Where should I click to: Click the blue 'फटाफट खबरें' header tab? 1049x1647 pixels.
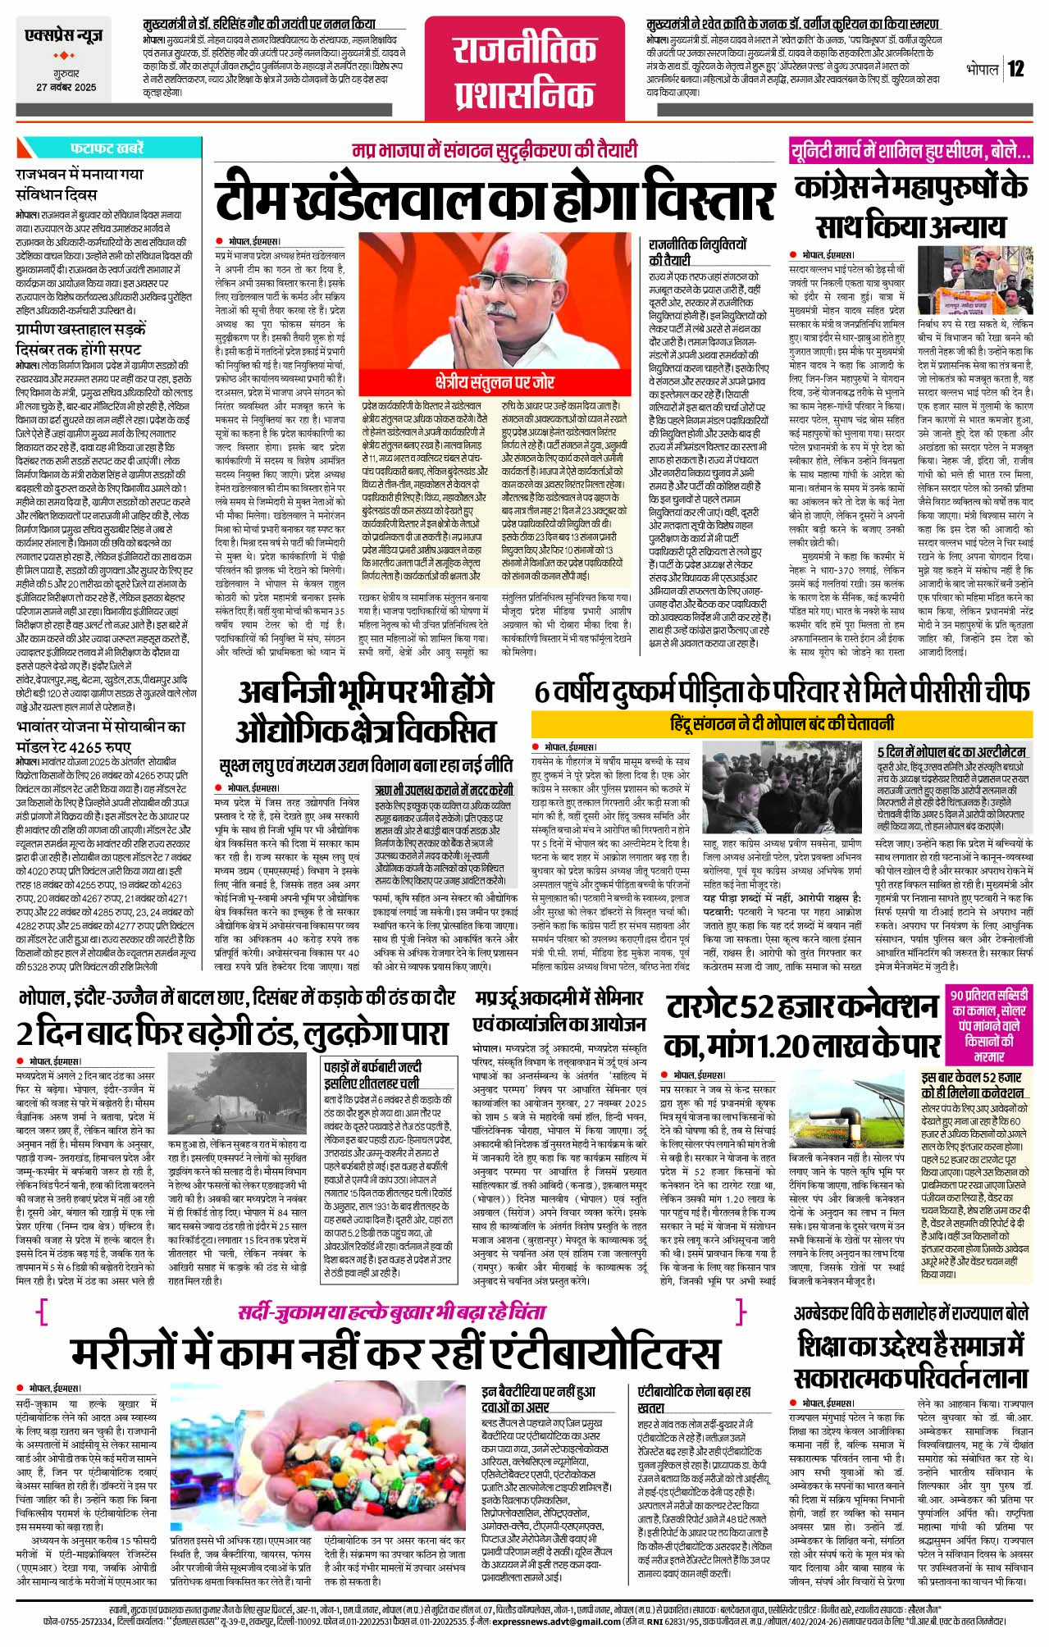point(107,148)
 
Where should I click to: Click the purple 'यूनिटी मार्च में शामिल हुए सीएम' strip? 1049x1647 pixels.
point(910,151)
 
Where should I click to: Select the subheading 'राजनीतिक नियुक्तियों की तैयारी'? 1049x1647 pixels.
point(698,252)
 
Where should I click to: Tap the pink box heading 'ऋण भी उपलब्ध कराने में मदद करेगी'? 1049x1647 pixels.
point(444,791)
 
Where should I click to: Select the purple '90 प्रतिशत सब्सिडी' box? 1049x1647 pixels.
point(989,1024)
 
